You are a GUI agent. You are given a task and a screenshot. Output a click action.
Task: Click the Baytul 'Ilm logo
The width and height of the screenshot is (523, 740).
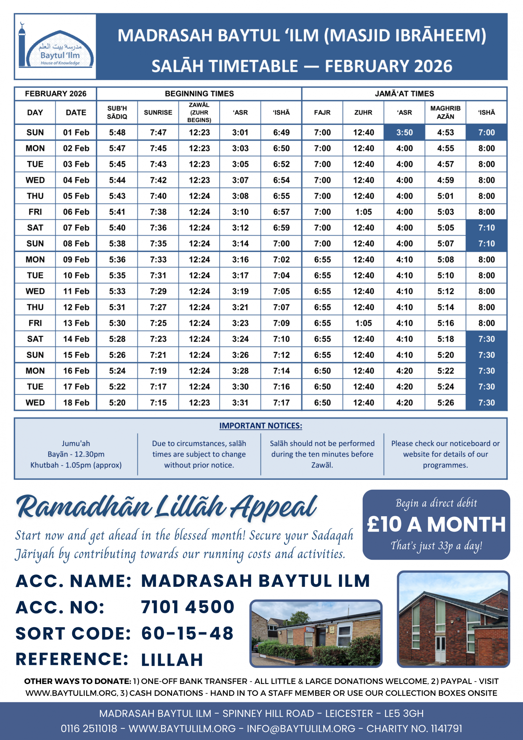55,47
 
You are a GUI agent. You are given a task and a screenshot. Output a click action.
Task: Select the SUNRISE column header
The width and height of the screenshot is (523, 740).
158,112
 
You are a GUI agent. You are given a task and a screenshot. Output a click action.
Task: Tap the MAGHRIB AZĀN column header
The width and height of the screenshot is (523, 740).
445,112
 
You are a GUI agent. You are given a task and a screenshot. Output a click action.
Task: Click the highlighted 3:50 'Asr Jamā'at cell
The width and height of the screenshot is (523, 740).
405,132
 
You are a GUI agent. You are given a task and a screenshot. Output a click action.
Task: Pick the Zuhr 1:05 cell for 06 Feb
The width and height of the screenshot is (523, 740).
363,212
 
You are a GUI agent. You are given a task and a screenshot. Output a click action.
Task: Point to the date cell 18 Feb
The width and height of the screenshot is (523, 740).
76,403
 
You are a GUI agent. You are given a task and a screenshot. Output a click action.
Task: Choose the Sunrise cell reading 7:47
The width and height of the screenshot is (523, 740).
158,132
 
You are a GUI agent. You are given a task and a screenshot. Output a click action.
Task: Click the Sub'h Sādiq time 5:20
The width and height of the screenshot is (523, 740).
117,403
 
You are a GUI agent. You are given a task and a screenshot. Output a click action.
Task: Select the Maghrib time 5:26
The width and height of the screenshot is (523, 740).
445,403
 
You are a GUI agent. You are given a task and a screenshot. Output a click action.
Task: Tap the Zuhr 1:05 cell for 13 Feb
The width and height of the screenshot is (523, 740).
363,323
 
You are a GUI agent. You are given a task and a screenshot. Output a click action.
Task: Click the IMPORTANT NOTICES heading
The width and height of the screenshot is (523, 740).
261,426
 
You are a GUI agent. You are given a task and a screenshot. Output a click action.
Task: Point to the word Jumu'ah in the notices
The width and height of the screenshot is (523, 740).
76,443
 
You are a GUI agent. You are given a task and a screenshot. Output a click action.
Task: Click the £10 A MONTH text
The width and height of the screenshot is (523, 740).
436,524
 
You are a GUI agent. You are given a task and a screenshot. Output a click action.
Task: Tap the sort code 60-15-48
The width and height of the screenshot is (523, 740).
188,633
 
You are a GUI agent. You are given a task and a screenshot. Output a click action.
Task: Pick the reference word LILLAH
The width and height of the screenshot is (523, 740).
172,659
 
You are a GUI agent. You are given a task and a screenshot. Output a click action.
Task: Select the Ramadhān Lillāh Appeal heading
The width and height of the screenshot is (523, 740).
167,507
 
